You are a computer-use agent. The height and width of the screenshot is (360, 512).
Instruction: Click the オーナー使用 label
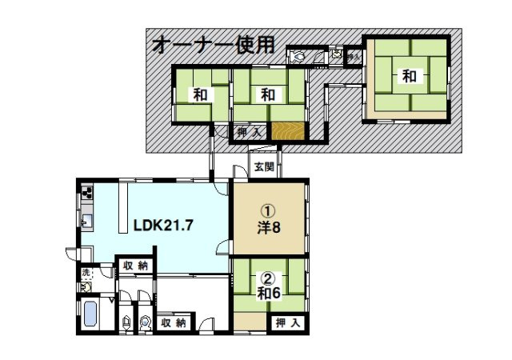tap(214, 44)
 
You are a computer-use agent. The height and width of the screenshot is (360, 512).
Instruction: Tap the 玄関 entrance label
tap(264, 167)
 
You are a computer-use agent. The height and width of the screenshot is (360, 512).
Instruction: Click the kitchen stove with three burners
tap(86, 194)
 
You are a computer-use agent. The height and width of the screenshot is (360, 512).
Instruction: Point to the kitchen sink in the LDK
tap(87, 220)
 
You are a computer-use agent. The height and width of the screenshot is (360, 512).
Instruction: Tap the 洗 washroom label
tap(86, 274)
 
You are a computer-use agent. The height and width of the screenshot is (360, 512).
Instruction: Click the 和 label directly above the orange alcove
tap(268, 94)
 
